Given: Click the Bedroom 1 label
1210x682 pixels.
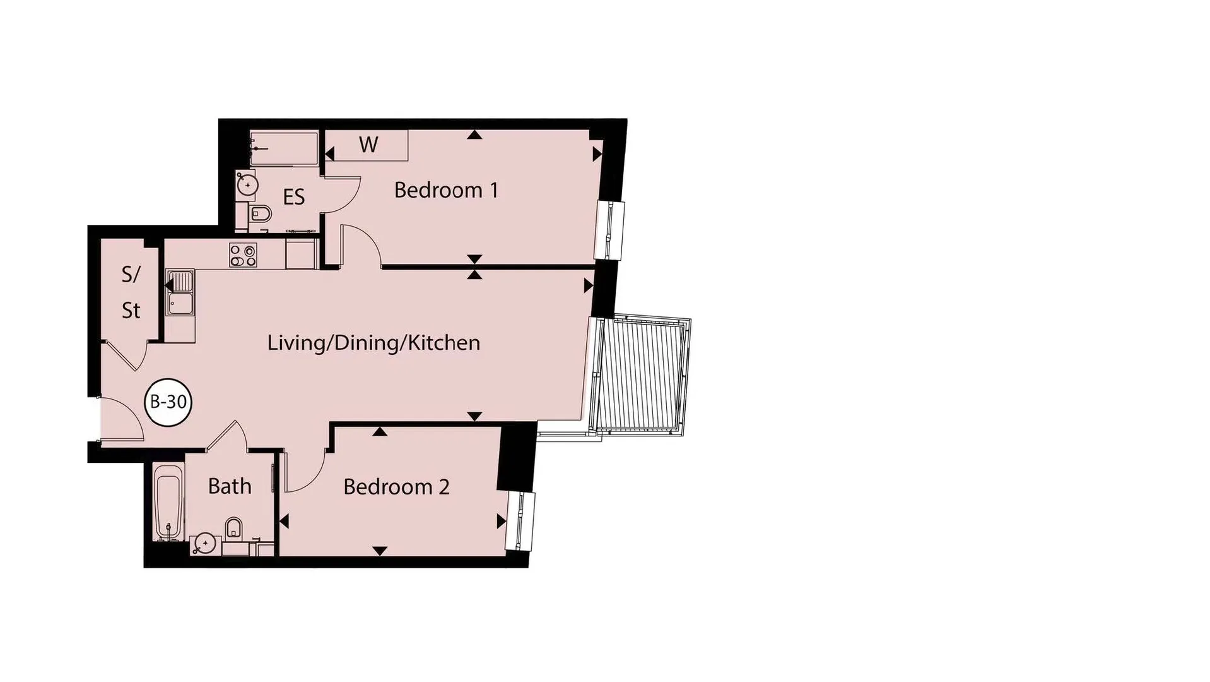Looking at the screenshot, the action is click(446, 189).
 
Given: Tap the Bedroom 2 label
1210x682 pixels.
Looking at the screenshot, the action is click(396, 486).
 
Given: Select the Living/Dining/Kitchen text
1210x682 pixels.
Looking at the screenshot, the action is click(373, 342).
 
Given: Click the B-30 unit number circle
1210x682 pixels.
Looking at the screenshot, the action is click(168, 402).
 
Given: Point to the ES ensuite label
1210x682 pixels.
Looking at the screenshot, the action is click(294, 197).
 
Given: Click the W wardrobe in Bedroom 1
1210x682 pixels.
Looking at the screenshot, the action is click(368, 145).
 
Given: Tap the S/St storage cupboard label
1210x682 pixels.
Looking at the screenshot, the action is click(131, 292).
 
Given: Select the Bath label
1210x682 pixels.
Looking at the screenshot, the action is click(230, 486).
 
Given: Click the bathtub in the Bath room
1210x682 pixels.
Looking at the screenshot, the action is click(169, 503).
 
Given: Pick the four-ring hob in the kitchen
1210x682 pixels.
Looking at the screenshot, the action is click(243, 255).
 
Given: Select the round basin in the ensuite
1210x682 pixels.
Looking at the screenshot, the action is click(247, 184).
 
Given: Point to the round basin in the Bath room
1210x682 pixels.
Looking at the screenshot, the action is click(205, 542).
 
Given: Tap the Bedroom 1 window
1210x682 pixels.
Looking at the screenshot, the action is click(611, 230).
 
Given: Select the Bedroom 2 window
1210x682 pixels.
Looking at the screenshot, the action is click(521, 522).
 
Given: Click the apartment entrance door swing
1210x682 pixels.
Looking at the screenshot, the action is click(122, 419).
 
